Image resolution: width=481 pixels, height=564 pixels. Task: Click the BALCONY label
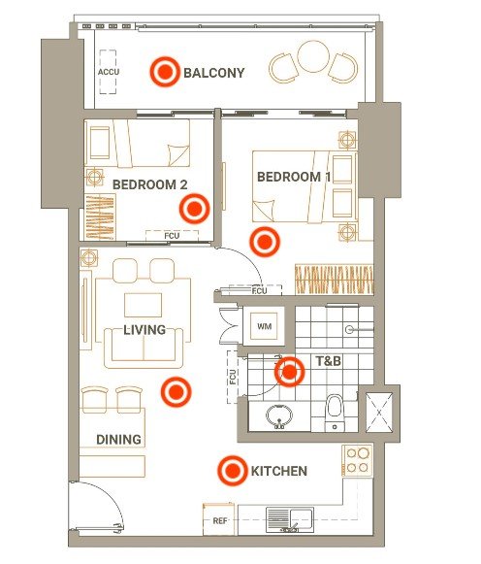pos(213,73)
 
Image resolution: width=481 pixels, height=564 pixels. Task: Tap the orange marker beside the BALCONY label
pos(165,72)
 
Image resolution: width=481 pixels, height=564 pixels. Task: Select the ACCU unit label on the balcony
pos(108,72)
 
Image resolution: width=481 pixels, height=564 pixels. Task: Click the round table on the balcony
pos(313,56)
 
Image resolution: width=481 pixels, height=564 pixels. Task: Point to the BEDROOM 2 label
pos(149,184)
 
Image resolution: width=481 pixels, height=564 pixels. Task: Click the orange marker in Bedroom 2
pos(194,209)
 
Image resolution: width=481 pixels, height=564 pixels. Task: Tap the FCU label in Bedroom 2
pos(172,236)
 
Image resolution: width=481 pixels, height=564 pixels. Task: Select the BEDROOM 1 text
pos(294,177)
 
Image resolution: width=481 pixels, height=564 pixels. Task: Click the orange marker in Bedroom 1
pos(265,242)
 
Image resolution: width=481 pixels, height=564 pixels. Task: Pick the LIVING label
pos(144,330)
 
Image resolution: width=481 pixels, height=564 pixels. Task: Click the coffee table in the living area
pos(143,305)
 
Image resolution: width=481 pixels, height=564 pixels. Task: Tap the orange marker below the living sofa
pos(176,392)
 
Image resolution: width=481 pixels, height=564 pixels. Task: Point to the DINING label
pos(118,439)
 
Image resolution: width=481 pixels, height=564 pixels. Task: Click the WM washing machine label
pos(264,326)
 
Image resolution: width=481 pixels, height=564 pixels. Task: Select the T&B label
pos(329,361)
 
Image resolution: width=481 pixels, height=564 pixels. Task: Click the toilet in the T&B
pos(335,413)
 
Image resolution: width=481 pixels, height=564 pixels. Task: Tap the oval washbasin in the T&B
pos(279,416)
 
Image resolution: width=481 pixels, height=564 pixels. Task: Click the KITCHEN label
pos(278,471)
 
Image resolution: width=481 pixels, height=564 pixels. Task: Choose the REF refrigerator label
pos(220,520)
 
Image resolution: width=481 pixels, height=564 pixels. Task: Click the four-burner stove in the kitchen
pos(357,460)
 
